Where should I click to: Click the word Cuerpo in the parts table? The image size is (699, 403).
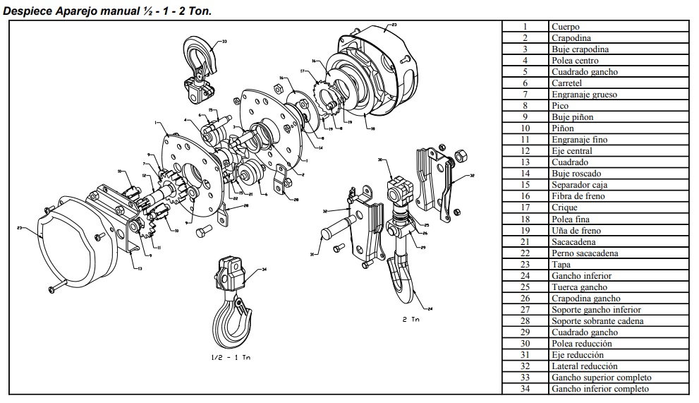565,27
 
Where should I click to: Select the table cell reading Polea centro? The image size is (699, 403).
575,61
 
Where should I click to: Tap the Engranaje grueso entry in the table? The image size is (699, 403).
581,95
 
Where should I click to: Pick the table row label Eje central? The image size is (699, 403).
571,151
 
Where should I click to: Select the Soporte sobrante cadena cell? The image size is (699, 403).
597,321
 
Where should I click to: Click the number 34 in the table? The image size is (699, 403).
525,389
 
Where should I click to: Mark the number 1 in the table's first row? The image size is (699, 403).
525,27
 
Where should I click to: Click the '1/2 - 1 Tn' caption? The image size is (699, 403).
231,357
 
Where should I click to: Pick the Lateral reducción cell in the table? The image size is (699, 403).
584,366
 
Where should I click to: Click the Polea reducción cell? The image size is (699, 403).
581,344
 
